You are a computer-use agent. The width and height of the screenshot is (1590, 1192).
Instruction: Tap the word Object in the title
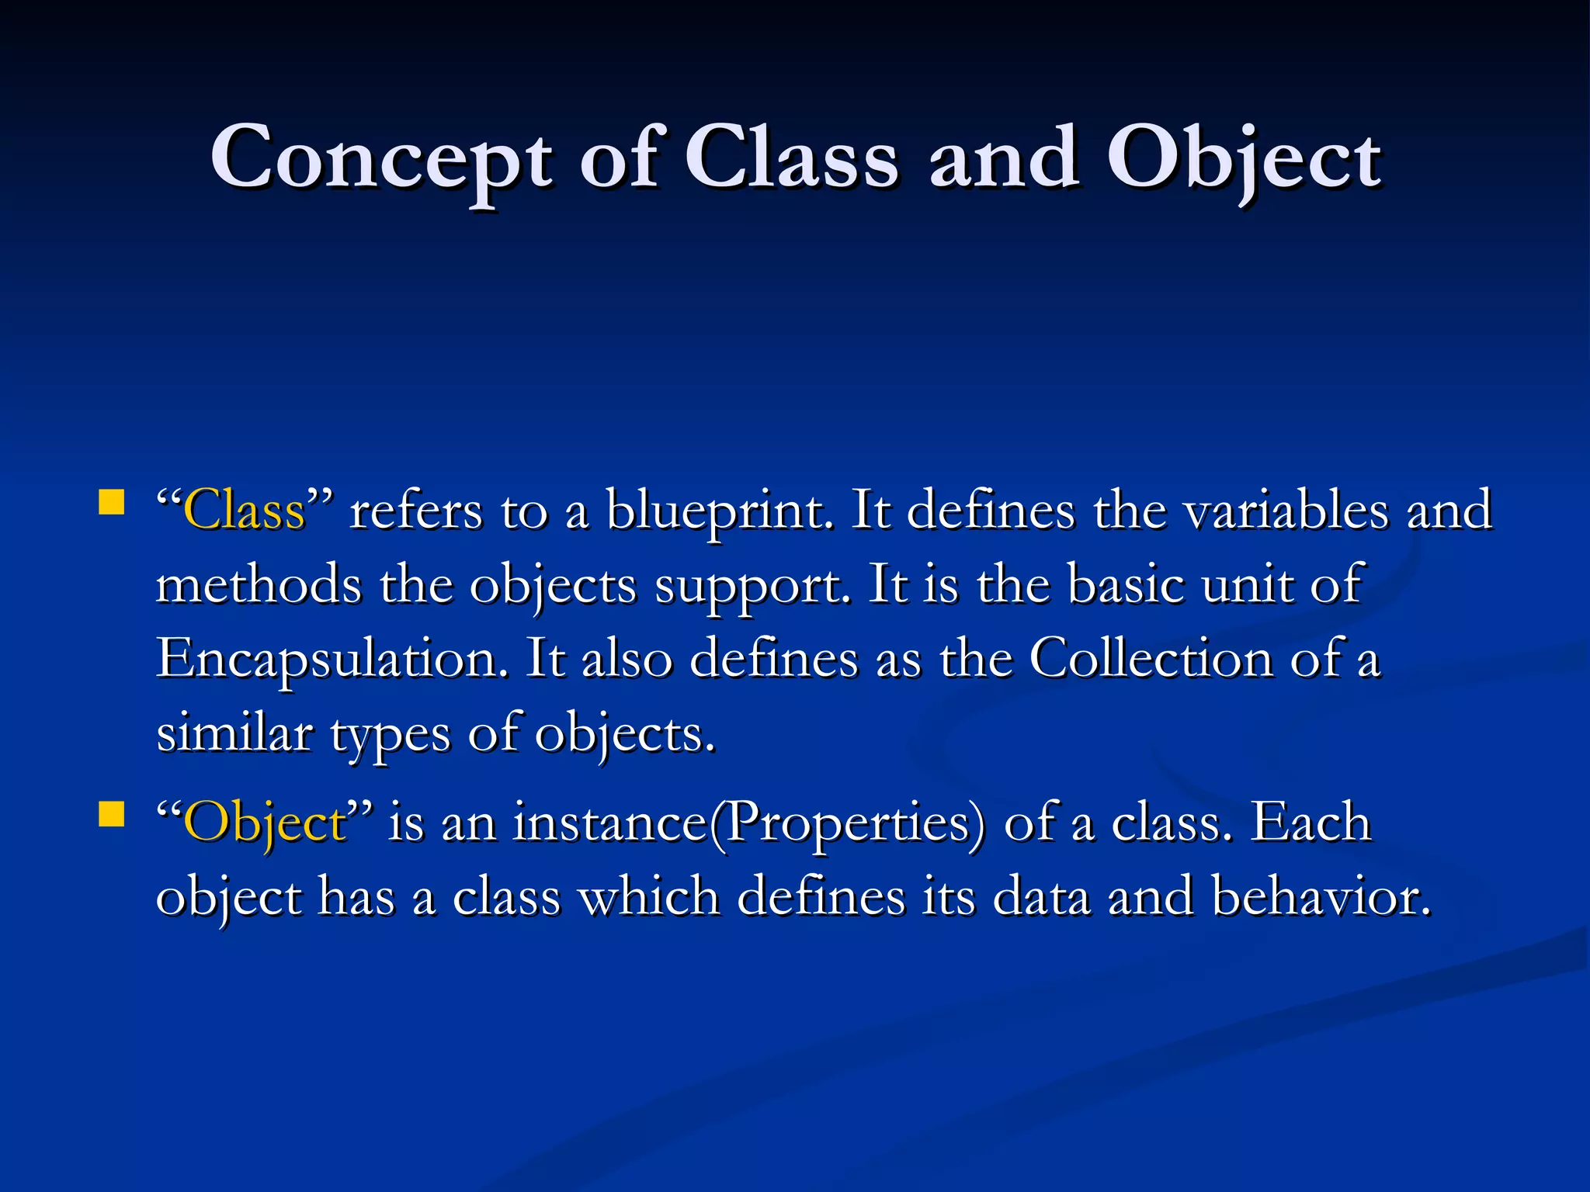[1243, 159]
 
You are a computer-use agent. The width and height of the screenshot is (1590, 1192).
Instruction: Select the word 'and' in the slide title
[1004, 159]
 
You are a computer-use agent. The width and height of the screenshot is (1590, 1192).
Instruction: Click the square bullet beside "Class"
[112, 502]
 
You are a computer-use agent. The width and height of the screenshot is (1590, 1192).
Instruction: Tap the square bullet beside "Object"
[112, 815]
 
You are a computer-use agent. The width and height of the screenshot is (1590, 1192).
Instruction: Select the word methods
[259, 585]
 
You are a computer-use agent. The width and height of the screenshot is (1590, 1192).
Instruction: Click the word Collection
[1151, 659]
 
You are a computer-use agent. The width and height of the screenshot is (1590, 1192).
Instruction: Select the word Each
[1311, 823]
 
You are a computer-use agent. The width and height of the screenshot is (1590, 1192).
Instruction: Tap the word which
[649, 897]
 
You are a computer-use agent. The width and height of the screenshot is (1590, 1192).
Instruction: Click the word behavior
[1321, 897]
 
